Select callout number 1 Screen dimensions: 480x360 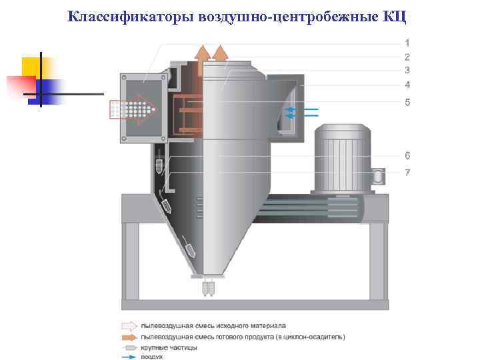[407, 43]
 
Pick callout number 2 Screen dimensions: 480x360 [407, 57]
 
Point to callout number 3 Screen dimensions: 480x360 [407, 70]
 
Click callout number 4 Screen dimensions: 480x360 [407, 85]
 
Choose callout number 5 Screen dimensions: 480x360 [407, 102]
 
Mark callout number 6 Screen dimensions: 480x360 [407, 156]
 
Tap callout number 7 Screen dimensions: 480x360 [407, 173]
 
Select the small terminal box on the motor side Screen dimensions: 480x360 [379, 176]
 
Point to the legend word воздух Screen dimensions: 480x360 [151, 357]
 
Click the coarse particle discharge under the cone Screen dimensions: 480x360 [209, 288]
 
